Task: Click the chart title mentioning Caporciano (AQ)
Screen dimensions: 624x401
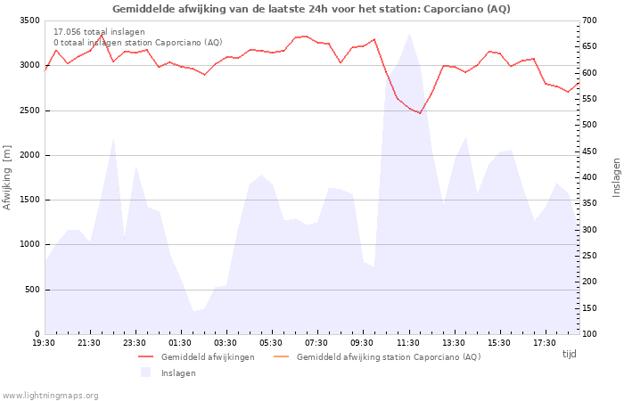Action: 311,9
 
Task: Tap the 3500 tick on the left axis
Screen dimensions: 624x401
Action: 29,20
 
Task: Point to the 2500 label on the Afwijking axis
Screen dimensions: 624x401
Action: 29,110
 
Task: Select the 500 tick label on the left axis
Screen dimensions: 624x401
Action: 32,290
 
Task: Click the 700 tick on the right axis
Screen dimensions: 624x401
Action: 590,20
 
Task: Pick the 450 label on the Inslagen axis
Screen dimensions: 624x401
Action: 590,151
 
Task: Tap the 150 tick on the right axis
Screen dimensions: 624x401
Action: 590,308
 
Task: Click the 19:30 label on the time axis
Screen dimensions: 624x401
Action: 44,343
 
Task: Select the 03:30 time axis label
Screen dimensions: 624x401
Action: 226,343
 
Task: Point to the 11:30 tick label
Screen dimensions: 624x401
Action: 408,343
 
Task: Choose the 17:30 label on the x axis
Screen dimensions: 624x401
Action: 545,343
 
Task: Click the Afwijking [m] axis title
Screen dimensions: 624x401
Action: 7,177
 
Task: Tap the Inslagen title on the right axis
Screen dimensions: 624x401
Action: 616,177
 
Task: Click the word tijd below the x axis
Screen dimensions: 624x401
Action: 569,354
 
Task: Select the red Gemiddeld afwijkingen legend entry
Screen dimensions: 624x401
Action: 196,356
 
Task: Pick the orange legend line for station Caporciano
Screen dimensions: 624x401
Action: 282,356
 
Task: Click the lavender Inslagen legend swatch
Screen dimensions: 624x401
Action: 145,372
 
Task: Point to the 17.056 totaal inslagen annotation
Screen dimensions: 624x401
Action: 99,32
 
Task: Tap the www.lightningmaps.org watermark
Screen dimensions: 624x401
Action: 50,396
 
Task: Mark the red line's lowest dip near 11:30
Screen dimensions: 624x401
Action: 420,113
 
